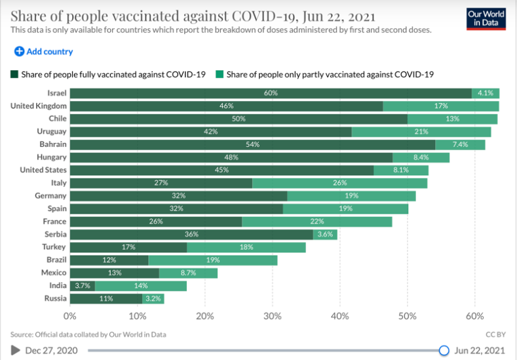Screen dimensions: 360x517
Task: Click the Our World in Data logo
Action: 486,18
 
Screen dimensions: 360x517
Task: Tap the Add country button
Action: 43,51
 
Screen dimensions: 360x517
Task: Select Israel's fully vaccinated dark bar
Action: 271,93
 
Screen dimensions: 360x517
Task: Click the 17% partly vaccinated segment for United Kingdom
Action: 440,106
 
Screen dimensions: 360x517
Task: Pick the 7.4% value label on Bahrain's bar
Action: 460,144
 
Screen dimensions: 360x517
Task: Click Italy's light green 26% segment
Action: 339,183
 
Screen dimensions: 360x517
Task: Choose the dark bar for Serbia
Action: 191,234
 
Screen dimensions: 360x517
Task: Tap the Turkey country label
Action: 53,247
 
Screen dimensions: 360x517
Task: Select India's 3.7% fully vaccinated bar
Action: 82,286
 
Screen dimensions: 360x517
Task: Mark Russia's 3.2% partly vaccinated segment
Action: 153,298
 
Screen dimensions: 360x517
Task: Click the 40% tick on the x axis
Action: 340,315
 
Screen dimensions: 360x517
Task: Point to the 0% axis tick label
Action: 70,315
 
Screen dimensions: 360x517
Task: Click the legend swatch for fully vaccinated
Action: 14,74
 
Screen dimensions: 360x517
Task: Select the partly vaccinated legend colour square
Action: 220,74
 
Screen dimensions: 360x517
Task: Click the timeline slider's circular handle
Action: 444,350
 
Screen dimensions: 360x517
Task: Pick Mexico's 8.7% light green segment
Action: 188,273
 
